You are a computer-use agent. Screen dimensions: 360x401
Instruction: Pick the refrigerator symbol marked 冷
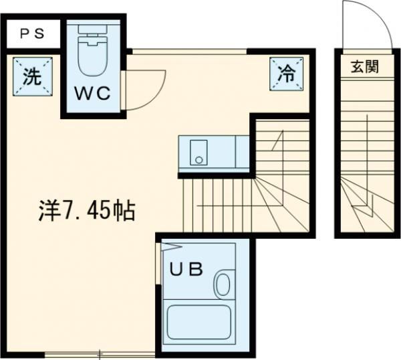pyautogui.click(x=285, y=73)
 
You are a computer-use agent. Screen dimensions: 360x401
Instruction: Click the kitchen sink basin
pyautogui.click(x=198, y=153)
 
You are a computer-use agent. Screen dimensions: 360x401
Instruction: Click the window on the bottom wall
pyautogui.click(x=100, y=354)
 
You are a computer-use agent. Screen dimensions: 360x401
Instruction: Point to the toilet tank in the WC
pyautogui.click(x=92, y=29)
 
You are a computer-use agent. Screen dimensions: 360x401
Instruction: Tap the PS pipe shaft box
pyautogui.click(x=31, y=34)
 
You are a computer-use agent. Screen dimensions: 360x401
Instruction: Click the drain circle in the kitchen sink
pyautogui.click(x=198, y=159)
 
